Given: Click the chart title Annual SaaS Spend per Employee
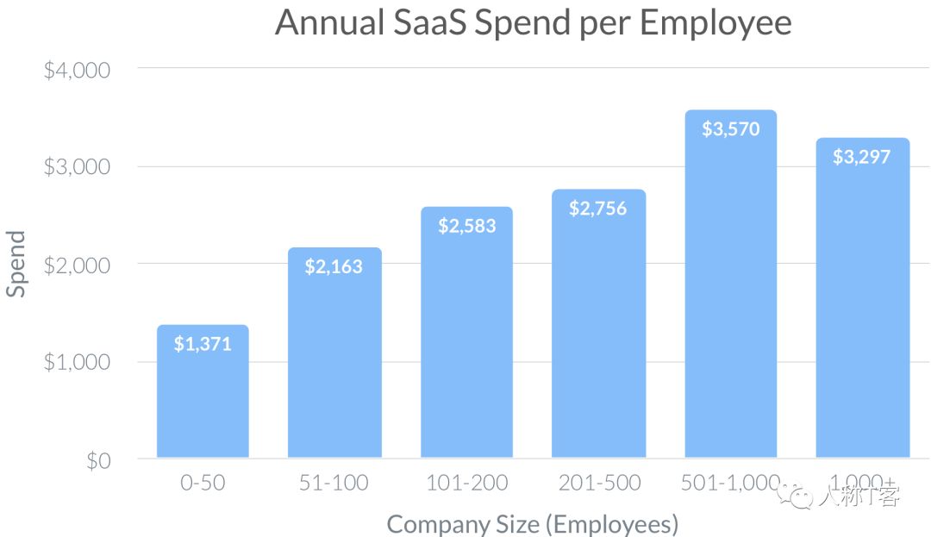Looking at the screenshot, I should (533, 23).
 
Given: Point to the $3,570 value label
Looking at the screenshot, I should (730, 129).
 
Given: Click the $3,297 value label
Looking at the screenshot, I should (861, 157).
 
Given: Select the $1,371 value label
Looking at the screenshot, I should (203, 344).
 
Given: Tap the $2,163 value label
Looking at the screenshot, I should (334, 266).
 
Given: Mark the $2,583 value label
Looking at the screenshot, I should (466, 226).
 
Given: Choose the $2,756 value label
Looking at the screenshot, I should (597, 208).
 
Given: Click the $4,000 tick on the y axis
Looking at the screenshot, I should (77, 69).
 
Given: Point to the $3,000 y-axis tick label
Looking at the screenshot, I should (77, 166).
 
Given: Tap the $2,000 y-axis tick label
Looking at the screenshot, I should (77, 265).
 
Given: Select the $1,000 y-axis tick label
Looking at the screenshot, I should (77, 362).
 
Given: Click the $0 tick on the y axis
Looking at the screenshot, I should (97, 460).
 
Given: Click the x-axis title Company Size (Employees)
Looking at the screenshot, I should (532, 523).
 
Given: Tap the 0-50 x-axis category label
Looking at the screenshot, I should (203, 483).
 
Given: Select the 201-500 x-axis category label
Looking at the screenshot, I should (598, 483).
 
